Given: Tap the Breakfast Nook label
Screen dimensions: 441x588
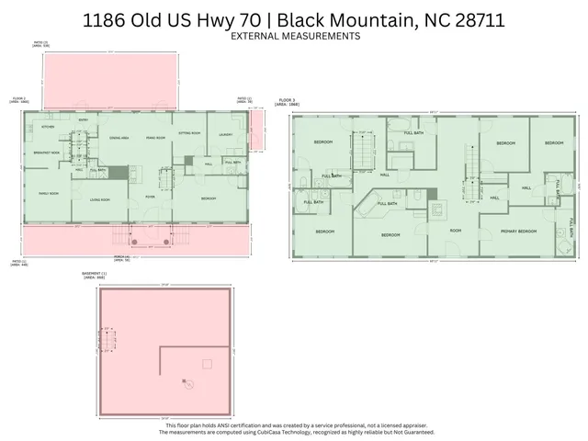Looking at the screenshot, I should pos(47,152).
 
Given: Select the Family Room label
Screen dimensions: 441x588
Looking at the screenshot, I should pos(48,193).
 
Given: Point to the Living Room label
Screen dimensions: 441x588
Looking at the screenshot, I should pos(99,199).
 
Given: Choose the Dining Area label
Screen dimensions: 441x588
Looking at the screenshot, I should pos(119,138).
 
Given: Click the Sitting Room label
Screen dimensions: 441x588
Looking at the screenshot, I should pos(190,132).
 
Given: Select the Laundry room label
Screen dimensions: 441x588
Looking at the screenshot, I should pos(226,132).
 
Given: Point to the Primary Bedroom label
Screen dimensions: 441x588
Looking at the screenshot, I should pos(519,231).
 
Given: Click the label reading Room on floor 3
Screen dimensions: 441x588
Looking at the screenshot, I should pos(455,231).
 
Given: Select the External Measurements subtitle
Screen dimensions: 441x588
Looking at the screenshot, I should pos(295,36).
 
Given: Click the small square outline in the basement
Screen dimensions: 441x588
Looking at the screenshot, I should pos(207,364).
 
